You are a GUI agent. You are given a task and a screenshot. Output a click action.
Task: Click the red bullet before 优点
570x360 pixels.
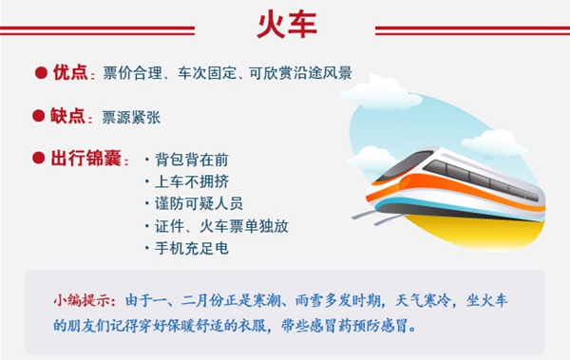[x=41, y=72]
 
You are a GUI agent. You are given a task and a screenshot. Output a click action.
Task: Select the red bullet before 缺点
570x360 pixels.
[x=41, y=116]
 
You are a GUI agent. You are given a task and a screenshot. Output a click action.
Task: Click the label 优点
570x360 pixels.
[x=70, y=72]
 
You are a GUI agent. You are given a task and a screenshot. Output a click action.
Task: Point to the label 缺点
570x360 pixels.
[x=70, y=116]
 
